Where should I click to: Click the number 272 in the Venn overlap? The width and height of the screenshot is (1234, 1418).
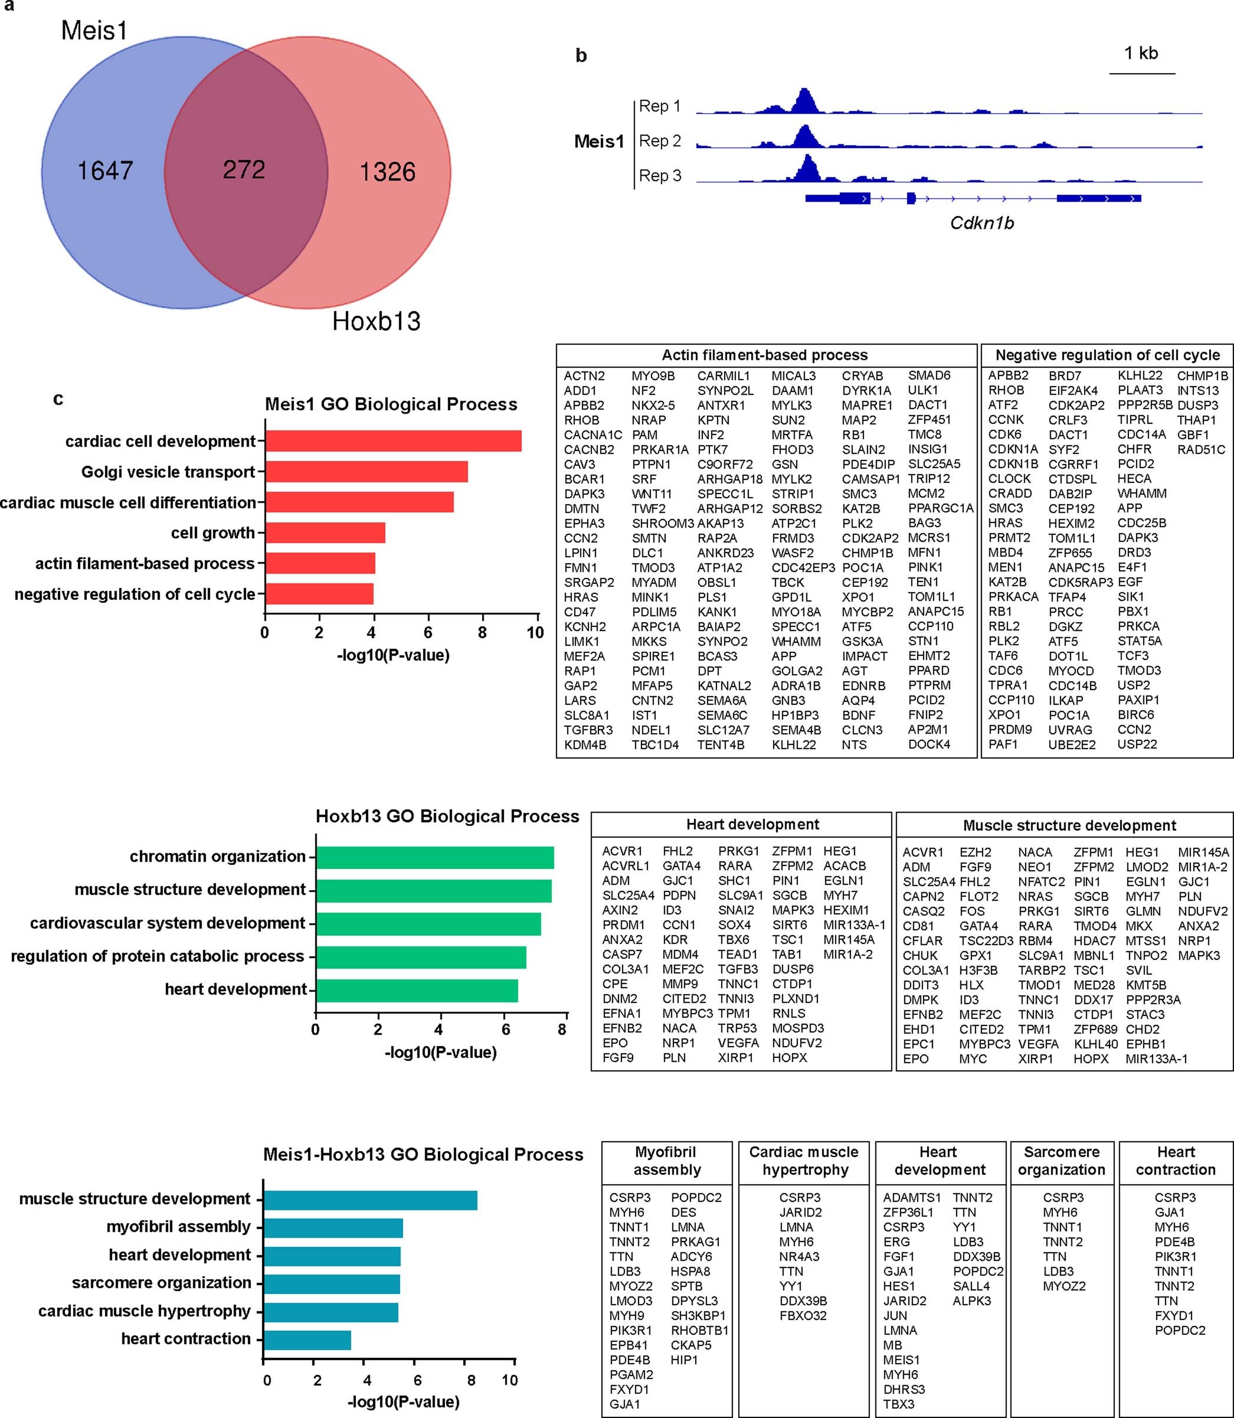click(244, 169)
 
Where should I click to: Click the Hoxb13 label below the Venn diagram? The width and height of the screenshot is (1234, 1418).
click(376, 322)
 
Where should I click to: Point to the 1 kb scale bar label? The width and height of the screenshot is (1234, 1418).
click(1141, 53)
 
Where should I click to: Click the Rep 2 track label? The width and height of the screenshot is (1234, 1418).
click(660, 141)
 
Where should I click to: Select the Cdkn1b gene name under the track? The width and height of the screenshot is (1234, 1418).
click(981, 223)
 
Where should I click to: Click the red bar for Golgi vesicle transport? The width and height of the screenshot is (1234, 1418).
click(366, 472)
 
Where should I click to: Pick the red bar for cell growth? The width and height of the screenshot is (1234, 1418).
click(325, 533)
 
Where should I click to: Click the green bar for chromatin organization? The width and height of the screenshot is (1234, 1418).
click(434, 857)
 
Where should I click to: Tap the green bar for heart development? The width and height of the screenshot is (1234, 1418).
click(417, 991)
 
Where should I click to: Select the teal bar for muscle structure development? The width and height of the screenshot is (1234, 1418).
click(371, 1200)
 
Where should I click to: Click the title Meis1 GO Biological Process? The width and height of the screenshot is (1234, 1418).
click(391, 404)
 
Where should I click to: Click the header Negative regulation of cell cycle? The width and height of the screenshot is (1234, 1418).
click(1107, 355)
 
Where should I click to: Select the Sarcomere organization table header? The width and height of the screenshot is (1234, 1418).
click(1061, 1161)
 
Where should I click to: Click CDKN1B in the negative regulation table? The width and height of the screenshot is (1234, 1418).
click(1012, 464)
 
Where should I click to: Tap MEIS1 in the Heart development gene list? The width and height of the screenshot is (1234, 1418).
click(901, 1360)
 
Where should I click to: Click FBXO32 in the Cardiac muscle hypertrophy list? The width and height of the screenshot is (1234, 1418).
click(803, 1315)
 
